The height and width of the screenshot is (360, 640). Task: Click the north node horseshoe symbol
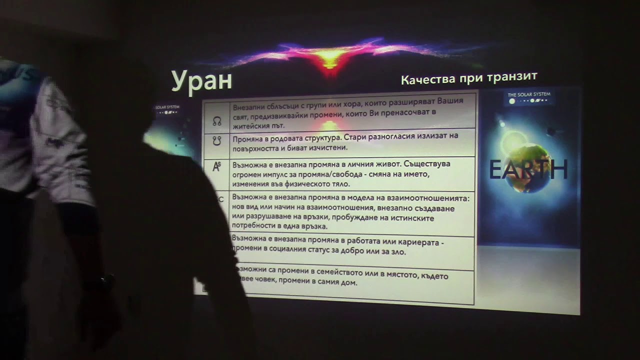pos(217,121)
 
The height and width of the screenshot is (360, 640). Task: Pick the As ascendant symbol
pos(216,166)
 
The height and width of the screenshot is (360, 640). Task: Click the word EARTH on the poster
pos(528,170)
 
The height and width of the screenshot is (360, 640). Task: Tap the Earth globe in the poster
pos(525,167)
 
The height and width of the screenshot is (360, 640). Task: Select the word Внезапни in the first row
pos(249,107)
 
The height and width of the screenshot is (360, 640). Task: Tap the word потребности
pos(255,226)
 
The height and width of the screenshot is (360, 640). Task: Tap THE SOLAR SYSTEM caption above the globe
pos(528,94)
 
